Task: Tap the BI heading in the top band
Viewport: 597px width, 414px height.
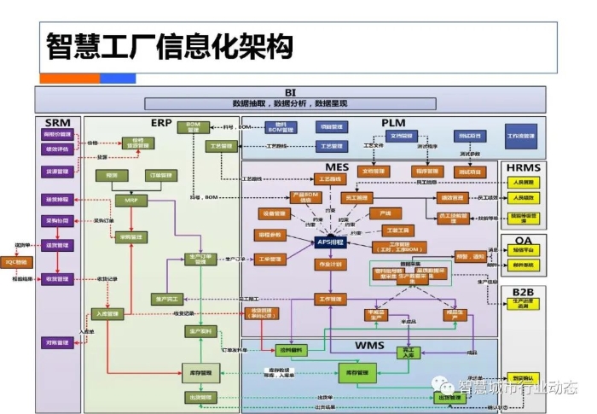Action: click(x=290, y=91)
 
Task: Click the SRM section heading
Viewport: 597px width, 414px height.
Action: click(x=57, y=122)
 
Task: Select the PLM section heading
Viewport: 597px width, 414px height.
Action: click(x=393, y=124)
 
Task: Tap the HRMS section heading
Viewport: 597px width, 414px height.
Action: click(x=523, y=167)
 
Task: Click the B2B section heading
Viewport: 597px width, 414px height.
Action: click(x=523, y=293)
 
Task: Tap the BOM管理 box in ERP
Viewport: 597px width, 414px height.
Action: click(x=193, y=126)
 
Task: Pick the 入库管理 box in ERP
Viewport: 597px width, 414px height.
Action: click(x=110, y=314)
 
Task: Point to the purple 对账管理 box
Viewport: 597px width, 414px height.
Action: click(x=58, y=342)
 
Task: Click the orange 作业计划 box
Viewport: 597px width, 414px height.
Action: click(x=328, y=265)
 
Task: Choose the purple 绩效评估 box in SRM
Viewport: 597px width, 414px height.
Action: click(x=58, y=149)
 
